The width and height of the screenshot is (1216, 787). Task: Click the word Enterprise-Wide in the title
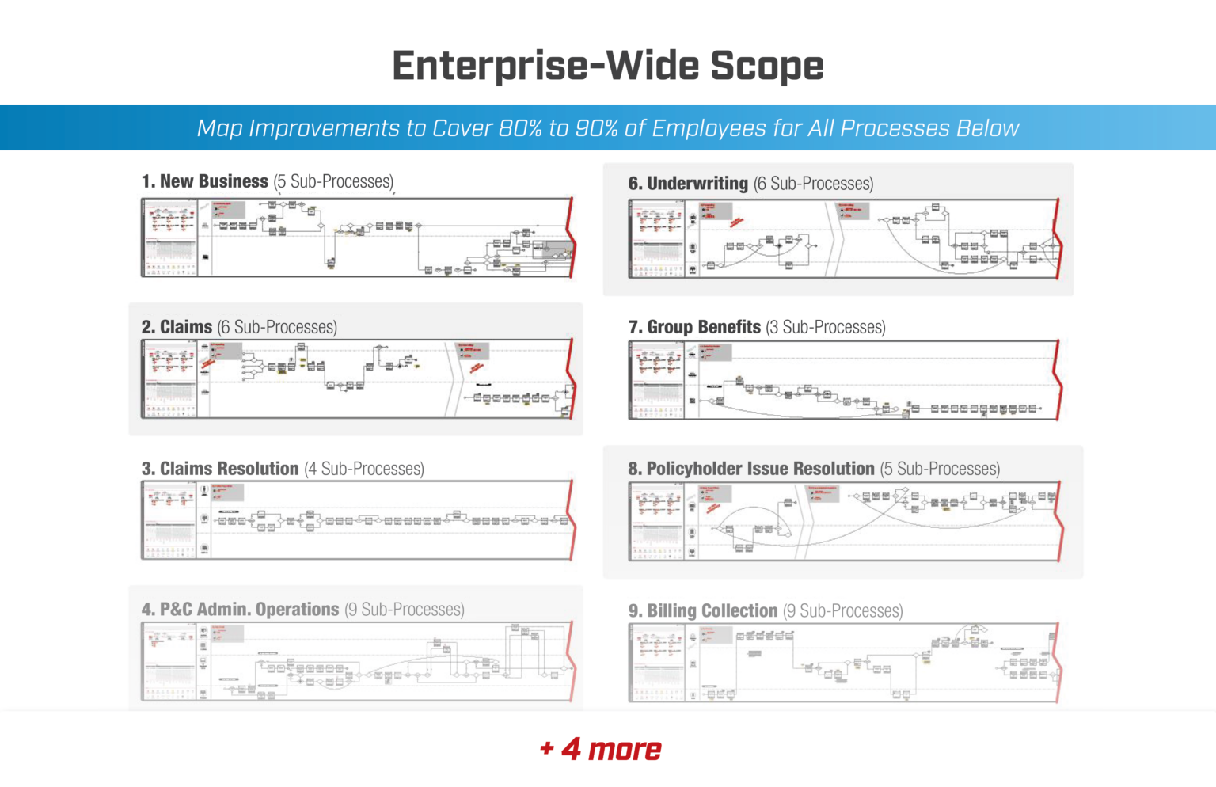(x=545, y=66)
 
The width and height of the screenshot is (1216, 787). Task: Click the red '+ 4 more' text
(x=601, y=749)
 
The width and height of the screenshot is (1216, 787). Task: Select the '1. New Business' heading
(x=205, y=181)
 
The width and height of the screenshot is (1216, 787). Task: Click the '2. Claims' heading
(x=177, y=327)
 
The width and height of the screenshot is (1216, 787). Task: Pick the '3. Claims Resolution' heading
(x=220, y=469)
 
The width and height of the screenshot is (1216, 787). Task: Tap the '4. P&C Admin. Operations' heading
(x=240, y=610)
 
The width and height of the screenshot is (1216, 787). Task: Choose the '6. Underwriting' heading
(x=688, y=184)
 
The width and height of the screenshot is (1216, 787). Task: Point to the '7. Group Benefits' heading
(x=694, y=327)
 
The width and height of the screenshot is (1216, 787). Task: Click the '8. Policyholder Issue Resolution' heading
(x=750, y=469)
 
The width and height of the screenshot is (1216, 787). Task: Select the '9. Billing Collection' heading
(x=703, y=611)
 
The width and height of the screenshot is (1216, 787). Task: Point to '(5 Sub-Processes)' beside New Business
(x=333, y=181)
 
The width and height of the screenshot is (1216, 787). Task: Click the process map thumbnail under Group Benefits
(x=844, y=380)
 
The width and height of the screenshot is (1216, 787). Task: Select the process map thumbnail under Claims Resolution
(x=357, y=520)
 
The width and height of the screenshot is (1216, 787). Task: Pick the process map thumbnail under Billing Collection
(x=844, y=663)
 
